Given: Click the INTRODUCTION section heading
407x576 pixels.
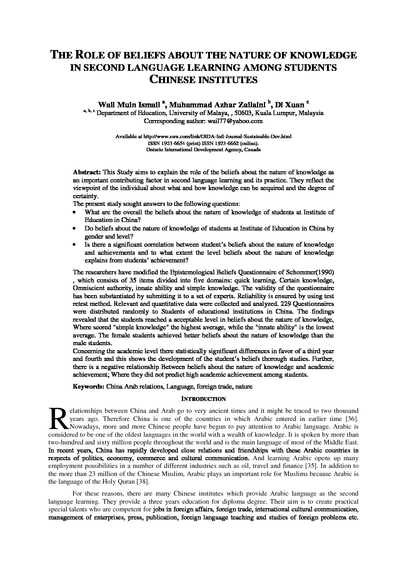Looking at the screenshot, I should pos(203,399).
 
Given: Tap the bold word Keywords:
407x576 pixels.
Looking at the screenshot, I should pos(88,386).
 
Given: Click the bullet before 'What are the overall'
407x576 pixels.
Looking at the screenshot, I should pos(74,212).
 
